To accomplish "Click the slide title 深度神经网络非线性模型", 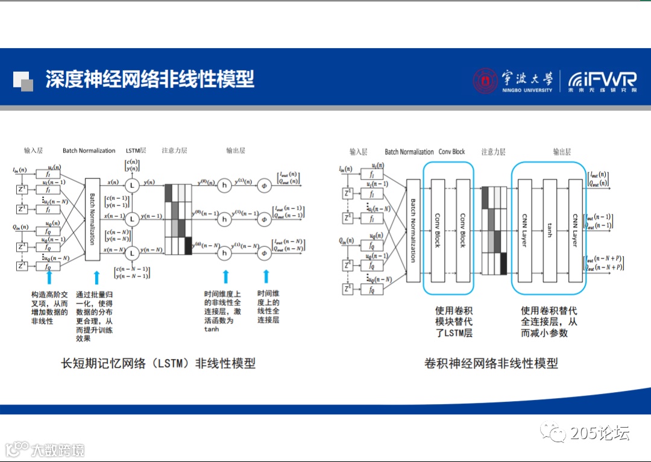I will [x=149, y=79].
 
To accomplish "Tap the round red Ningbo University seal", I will [x=485, y=81].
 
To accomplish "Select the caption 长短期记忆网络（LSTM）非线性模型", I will [x=159, y=363].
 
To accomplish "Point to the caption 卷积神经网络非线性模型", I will [x=491, y=363].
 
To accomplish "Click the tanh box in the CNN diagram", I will [x=549, y=231].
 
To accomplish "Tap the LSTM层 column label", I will [x=136, y=151].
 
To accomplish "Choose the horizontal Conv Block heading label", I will [x=451, y=152].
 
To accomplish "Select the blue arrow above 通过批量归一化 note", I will [x=96, y=278].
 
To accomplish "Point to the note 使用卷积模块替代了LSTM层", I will [x=453, y=322].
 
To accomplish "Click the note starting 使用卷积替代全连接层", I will [x=549, y=322].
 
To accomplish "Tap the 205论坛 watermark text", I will [x=599, y=432].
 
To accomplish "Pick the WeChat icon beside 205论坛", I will [x=553, y=432].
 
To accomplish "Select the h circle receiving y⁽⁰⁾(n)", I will [x=224, y=186].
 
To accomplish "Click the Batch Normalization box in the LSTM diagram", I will [x=92, y=219].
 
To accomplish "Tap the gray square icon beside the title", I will [x=23, y=81].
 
